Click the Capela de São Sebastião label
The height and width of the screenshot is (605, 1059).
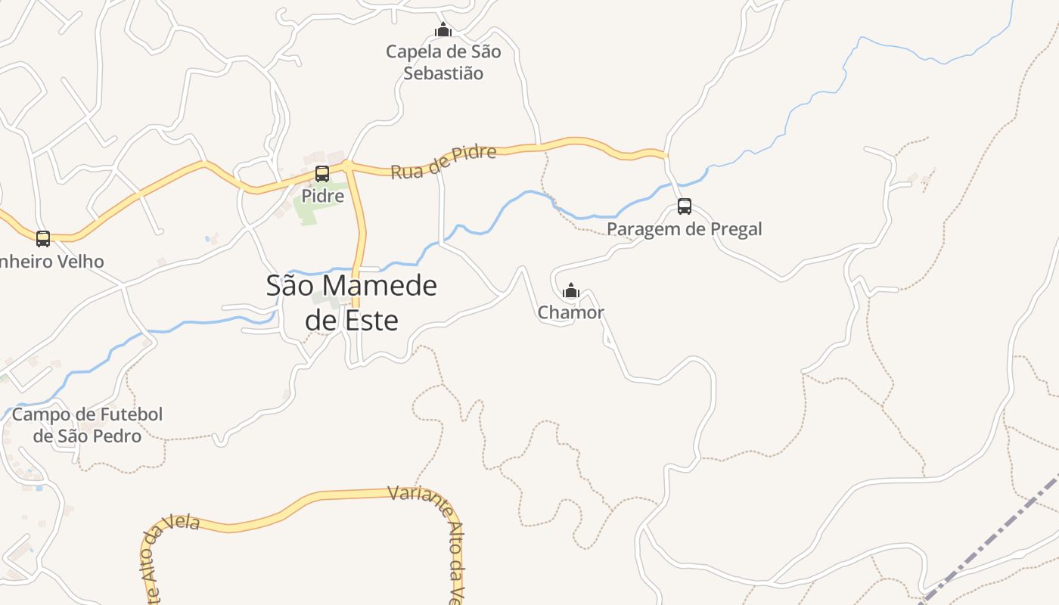[443, 63]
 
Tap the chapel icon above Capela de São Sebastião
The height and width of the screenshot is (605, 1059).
[443, 30]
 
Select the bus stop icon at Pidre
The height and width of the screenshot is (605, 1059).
[322, 174]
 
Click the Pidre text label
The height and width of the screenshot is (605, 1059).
[323, 196]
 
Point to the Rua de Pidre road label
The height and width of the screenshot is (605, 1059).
[443, 162]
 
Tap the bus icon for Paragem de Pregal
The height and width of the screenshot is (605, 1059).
[685, 206]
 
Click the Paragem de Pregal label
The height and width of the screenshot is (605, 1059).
[685, 229]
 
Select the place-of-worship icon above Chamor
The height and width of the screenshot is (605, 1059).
[571, 290]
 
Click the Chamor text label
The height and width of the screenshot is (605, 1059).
[571, 312]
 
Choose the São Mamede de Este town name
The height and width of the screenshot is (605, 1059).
[352, 302]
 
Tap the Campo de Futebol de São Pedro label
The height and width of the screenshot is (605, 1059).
[87, 425]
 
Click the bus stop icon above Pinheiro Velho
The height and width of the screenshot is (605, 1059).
[43, 239]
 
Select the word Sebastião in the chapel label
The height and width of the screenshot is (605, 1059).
[443, 73]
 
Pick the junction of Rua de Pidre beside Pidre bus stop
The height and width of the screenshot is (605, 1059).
[347, 166]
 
